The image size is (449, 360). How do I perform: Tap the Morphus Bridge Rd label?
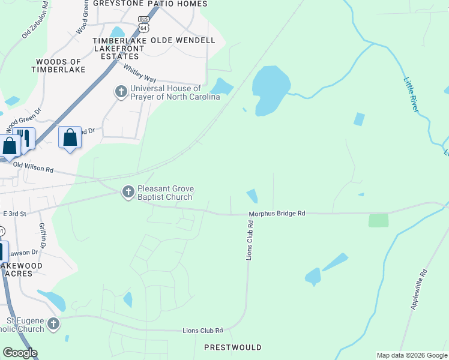click(277, 213)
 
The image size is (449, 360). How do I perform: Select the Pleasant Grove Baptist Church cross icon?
click(127, 192)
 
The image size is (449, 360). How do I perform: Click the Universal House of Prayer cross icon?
click(121, 92)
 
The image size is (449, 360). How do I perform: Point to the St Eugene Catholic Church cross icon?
click(53, 324)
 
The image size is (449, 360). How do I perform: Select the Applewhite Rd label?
click(419, 289)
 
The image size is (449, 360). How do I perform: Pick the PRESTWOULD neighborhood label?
click(232, 347)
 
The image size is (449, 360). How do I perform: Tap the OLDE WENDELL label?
click(182, 40)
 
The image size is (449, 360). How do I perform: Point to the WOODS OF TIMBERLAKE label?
click(59, 65)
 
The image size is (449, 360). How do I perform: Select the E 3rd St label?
click(15, 214)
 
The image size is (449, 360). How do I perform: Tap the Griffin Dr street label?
click(43, 236)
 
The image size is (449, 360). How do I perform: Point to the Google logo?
click(20, 353)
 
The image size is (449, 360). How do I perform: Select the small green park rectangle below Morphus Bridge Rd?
click(378, 220)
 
